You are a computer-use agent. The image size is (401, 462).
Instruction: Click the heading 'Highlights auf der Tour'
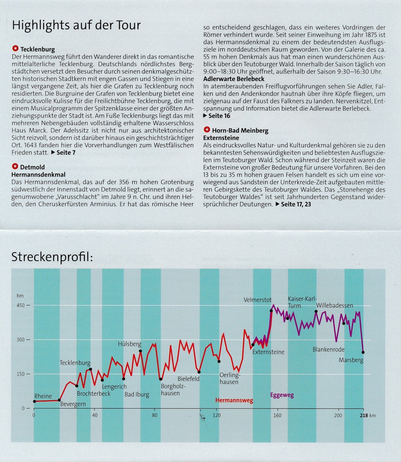(x=76, y=25)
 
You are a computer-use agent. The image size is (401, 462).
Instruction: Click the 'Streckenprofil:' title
(x=52, y=257)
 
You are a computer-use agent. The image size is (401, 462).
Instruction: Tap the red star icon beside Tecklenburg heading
(x=16, y=49)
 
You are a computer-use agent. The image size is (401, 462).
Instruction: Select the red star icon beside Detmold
(x=15, y=166)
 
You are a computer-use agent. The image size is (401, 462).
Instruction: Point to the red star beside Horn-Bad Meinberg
(x=207, y=130)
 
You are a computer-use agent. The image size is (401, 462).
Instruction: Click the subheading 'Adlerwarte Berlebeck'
(x=234, y=79)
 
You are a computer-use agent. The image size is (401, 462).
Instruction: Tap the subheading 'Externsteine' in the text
(x=221, y=138)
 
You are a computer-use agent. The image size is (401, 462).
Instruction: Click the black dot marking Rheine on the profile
(x=34, y=401)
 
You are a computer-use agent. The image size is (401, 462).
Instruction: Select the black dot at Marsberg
(x=363, y=352)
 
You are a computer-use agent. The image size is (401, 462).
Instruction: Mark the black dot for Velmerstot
(x=271, y=311)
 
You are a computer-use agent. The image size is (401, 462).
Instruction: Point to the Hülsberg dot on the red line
(x=140, y=351)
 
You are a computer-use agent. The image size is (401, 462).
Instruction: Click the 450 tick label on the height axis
(x=21, y=305)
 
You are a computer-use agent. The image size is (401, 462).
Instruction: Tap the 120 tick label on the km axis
(x=217, y=415)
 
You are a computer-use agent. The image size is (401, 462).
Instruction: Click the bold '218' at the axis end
(x=364, y=416)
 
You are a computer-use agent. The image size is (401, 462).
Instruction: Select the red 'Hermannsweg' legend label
(x=234, y=400)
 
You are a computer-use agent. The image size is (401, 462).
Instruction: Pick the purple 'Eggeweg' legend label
(x=282, y=395)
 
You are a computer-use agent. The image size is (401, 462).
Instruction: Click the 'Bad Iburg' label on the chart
(x=137, y=394)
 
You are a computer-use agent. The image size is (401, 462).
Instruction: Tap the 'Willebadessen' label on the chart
(x=334, y=305)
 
